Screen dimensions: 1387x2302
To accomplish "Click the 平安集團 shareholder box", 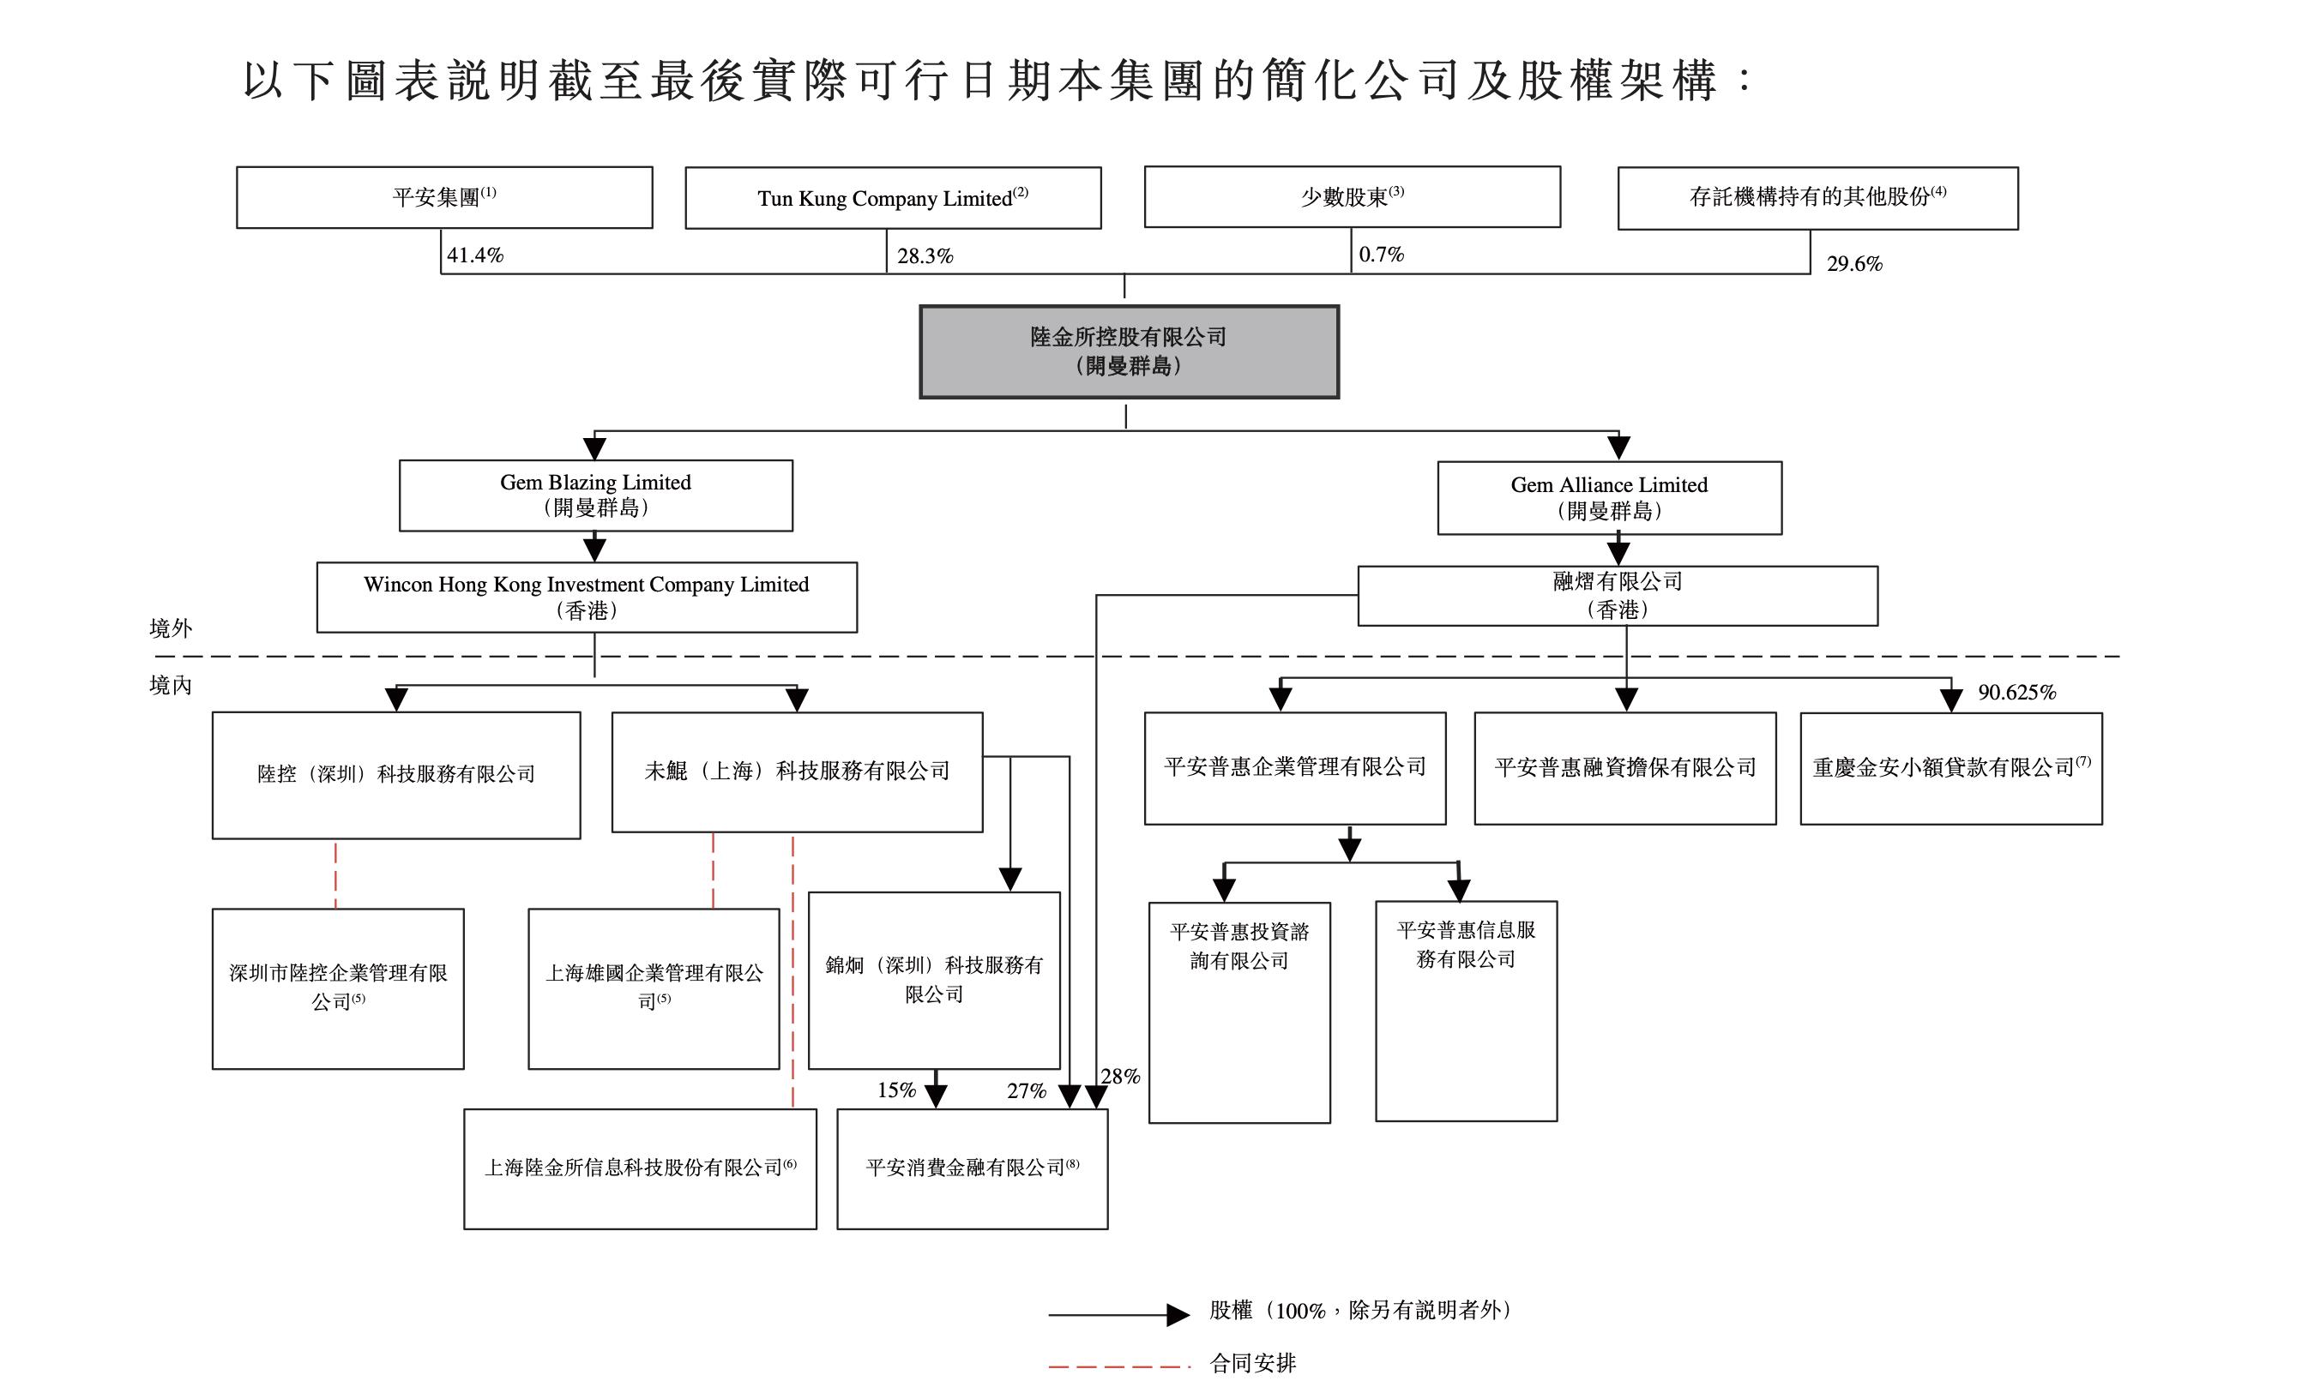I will coord(443,197).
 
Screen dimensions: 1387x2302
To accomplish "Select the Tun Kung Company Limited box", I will coord(892,198).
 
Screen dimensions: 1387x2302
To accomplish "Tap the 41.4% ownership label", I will coord(474,255).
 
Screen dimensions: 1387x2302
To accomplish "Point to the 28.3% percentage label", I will coord(925,256).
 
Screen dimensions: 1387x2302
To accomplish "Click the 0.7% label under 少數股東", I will coord(1381,254).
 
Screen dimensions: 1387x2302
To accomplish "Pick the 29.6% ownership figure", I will coord(1853,263).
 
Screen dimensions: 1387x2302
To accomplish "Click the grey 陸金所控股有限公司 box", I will coord(1129,351).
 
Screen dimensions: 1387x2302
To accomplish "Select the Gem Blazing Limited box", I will coord(595,495).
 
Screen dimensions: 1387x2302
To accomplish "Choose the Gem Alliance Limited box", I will coord(1609,498).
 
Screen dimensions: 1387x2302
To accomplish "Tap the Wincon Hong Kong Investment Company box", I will coord(586,597).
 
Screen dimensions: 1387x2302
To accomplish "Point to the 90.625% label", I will coord(2016,692).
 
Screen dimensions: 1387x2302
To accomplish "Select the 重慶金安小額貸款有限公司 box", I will coord(1950,768).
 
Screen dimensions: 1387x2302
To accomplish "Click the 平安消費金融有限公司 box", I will coord(972,1168).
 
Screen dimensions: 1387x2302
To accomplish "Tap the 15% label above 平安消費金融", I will coord(896,1090).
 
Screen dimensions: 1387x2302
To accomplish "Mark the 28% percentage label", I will coord(1120,1076).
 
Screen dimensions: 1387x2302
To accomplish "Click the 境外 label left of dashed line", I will coord(170,627).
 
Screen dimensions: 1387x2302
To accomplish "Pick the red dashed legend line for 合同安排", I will coord(1118,1366).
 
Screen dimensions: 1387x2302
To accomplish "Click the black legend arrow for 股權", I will coord(1118,1314).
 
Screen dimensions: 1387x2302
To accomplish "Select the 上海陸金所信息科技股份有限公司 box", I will coord(640,1168).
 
